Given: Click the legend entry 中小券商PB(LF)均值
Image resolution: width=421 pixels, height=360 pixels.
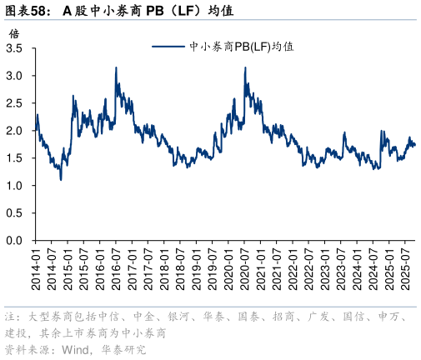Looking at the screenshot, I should pos(243,47).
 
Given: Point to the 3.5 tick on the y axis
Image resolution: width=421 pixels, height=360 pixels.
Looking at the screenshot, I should pos(15,48).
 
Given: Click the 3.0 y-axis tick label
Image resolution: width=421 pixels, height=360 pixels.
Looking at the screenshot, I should pos(15,76).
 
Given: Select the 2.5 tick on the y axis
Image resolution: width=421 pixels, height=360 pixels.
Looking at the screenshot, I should pos(15,103).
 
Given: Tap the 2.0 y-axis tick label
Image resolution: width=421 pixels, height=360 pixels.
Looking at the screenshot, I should pos(15,131).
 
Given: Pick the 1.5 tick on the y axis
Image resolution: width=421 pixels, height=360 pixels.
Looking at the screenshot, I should pos(15,158).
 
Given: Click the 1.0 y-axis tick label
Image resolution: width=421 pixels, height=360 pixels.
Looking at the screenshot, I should pos(15,186).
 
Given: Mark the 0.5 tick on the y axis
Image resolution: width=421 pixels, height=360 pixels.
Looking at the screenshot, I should pos(15,213).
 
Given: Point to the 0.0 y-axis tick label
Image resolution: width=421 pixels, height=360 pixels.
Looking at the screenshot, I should pos(15,241).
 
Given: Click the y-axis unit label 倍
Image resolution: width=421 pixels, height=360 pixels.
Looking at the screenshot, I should pos(13,33).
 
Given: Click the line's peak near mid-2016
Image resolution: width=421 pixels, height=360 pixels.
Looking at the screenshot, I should pos(116,67).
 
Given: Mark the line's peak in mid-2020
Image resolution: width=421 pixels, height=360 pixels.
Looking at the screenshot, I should pos(245,67).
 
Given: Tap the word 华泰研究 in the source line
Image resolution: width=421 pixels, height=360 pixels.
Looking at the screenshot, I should pos(122,348).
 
